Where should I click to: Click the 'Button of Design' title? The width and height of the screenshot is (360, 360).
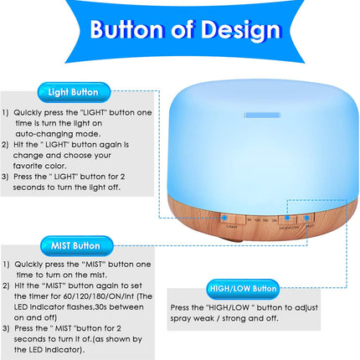pyautogui.click(x=185, y=31)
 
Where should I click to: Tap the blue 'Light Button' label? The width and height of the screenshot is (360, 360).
pyautogui.click(x=73, y=91)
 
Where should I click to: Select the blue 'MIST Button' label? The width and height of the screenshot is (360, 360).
pyautogui.click(x=76, y=246)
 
